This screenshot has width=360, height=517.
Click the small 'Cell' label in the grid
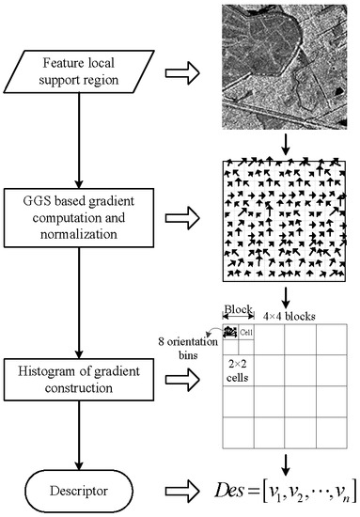coord(247,332)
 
